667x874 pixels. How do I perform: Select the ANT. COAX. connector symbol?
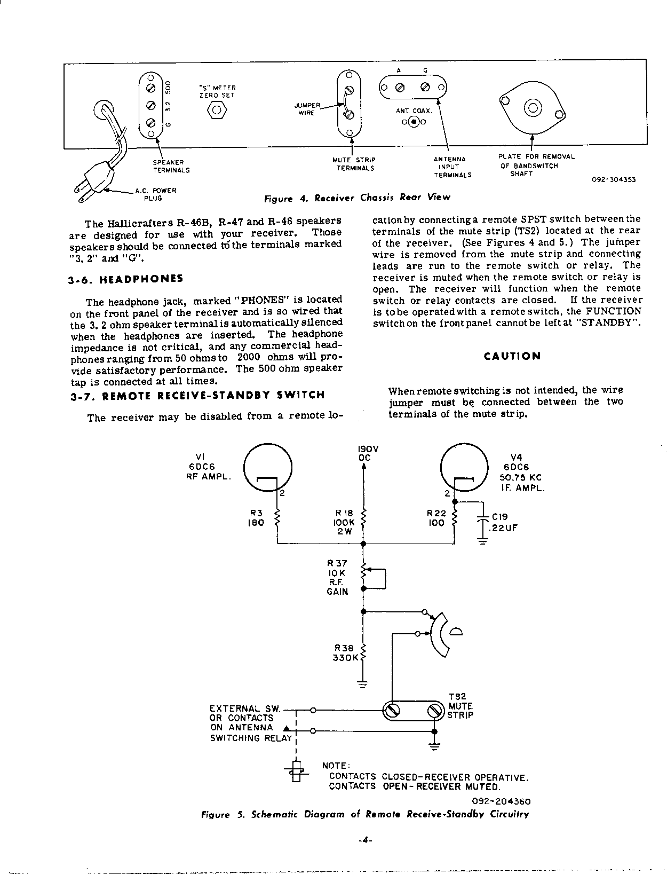[414, 122]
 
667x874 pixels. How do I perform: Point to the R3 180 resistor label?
[256, 518]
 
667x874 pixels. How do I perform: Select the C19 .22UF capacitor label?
[504, 522]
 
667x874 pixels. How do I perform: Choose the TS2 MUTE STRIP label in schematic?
[459, 705]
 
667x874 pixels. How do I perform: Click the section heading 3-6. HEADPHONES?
[126, 279]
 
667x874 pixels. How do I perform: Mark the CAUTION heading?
[512, 356]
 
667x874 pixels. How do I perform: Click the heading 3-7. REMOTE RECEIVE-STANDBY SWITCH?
[197, 396]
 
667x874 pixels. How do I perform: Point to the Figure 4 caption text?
[357, 198]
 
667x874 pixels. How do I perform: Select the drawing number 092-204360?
[501, 801]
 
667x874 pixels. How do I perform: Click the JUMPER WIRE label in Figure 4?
[307, 109]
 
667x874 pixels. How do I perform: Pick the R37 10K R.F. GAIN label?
[337, 577]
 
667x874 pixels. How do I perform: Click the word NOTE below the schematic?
[335, 766]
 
